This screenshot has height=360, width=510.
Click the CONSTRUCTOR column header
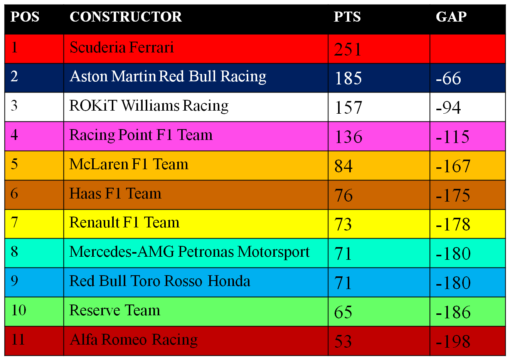(126, 17)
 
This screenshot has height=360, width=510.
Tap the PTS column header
(347, 17)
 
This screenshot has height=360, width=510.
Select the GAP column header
(451, 17)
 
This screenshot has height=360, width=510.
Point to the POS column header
(25, 17)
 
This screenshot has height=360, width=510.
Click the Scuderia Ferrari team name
(121, 47)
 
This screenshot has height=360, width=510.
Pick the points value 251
(347, 49)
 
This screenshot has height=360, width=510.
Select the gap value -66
(448, 78)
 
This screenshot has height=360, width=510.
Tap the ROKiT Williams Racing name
(149, 106)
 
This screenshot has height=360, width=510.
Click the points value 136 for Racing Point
(348, 136)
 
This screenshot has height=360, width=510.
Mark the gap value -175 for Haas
(453, 195)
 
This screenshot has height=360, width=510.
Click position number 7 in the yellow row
(14, 222)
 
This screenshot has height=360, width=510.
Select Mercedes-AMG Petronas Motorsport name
(189, 252)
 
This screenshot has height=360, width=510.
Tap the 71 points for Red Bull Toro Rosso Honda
(343, 283)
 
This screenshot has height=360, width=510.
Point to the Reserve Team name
(114, 310)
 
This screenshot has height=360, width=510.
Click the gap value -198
(453, 341)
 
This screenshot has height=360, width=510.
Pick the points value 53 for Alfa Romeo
(343, 341)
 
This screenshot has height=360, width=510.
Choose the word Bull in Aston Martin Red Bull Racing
(202, 76)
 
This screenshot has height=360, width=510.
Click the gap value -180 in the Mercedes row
(453, 254)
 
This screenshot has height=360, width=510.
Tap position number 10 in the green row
(19, 310)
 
